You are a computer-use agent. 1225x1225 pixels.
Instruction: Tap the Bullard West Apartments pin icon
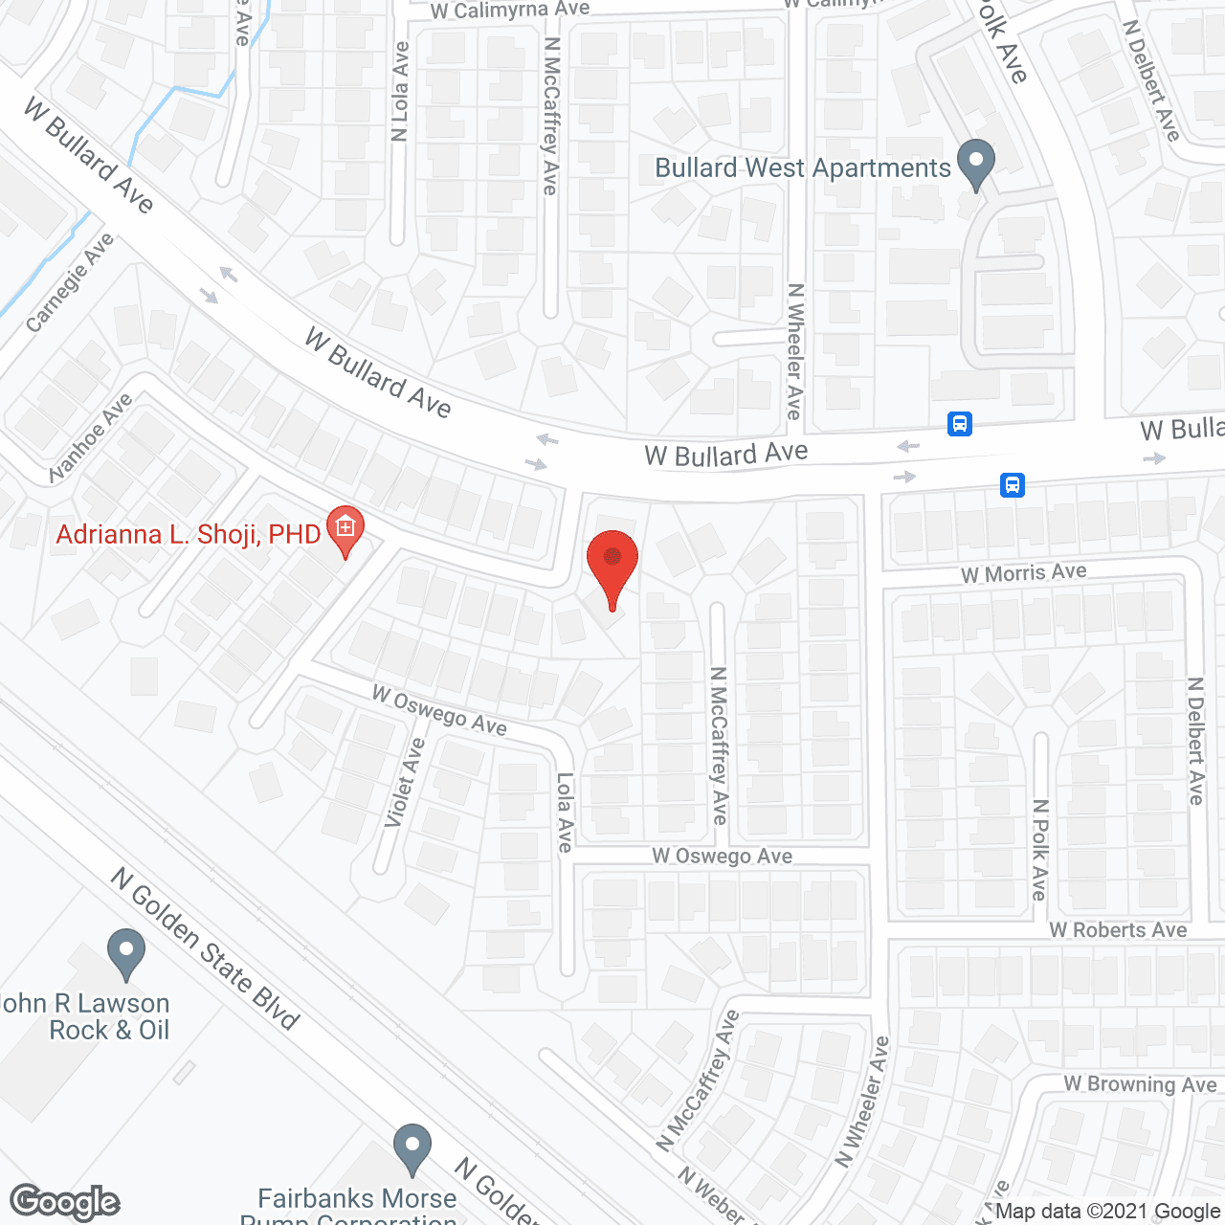pyautogui.click(x=976, y=164)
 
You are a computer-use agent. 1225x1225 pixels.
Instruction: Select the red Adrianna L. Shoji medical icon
pyautogui.click(x=345, y=529)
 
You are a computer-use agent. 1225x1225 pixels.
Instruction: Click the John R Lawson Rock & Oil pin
pyautogui.click(x=125, y=953)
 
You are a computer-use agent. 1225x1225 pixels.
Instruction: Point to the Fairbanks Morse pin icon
pyautogui.click(x=412, y=1147)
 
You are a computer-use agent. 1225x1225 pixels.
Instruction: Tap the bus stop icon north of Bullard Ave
pyautogui.click(x=960, y=423)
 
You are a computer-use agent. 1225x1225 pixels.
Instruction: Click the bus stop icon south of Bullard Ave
pyautogui.click(x=1013, y=484)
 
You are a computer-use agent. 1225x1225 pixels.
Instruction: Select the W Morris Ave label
pyautogui.click(x=1024, y=573)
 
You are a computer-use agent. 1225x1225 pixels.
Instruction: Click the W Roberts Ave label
pyautogui.click(x=1118, y=930)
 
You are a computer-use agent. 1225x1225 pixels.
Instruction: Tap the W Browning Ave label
pyautogui.click(x=1140, y=1084)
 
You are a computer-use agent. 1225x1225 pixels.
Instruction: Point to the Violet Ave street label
pyautogui.click(x=405, y=783)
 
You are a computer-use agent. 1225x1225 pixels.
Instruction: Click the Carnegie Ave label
pyautogui.click(x=70, y=283)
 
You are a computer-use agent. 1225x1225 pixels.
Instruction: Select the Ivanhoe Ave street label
pyautogui.click(x=91, y=438)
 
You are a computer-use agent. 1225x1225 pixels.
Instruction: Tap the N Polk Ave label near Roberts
pyautogui.click(x=1040, y=849)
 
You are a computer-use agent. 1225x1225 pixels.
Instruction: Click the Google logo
pyautogui.click(x=65, y=1202)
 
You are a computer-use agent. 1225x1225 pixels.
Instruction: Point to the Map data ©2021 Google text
pyautogui.click(x=1108, y=1212)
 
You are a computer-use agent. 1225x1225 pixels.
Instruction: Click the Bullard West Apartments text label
pyautogui.click(x=802, y=168)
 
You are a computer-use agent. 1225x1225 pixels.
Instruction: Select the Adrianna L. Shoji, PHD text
pyautogui.click(x=188, y=534)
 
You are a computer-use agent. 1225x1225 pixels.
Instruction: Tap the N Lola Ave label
pyautogui.click(x=400, y=92)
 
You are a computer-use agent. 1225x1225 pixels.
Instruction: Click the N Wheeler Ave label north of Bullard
pyautogui.click(x=794, y=351)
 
